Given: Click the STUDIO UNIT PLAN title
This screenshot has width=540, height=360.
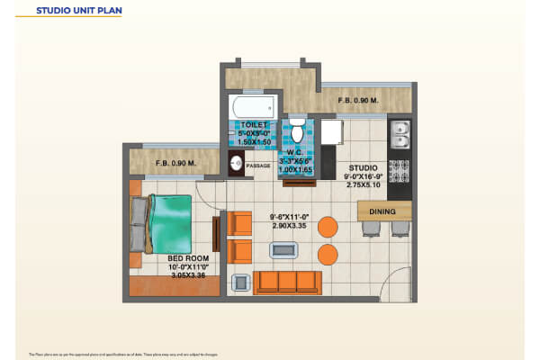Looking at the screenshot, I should pyautogui.click(x=77, y=12).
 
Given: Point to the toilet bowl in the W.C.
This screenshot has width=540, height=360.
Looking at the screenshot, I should pyautogui.click(x=297, y=133).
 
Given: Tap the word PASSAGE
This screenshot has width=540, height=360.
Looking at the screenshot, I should pyautogui.click(x=258, y=166).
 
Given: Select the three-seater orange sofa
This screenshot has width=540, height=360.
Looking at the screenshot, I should pyautogui.click(x=286, y=282).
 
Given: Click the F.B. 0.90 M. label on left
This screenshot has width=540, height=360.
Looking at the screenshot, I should pyautogui.click(x=176, y=163).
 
